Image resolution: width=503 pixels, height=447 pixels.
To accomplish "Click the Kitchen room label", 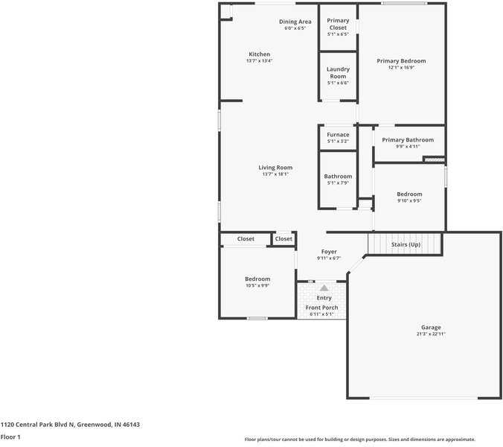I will click(x=259, y=54).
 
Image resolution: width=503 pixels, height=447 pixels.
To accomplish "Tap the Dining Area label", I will click(x=295, y=22).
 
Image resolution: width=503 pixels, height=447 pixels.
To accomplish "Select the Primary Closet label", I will click(x=338, y=24).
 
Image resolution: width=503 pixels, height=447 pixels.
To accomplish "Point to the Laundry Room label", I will click(x=338, y=72).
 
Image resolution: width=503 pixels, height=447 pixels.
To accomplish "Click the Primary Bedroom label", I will click(x=401, y=61).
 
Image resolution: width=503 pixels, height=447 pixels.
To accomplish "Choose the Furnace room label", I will click(x=338, y=135).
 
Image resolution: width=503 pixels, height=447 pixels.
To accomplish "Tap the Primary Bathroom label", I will click(x=408, y=140).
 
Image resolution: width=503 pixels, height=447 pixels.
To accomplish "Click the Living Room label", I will click(x=275, y=168).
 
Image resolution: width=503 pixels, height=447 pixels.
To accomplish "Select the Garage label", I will click(x=431, y=328).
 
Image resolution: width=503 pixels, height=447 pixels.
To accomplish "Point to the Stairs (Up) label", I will click(x=406, y=244).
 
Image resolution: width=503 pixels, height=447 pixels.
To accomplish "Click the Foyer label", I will click(x=329, y=252).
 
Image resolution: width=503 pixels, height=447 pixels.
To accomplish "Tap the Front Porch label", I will click(x=321, y=308).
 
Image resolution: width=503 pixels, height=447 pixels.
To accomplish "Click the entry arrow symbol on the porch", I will click(x=324, y=288).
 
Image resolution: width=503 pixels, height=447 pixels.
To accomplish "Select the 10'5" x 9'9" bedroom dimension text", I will click(x=257, y=285).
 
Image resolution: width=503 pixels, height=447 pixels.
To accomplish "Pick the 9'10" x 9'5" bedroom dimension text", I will click(x=409, y=200).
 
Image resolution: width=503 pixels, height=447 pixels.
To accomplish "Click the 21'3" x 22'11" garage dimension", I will click(x=431, y=335).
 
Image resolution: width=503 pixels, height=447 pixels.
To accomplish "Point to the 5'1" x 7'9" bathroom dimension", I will click(x=338, y=183).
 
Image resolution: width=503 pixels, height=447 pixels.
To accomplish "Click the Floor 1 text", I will click(x=10, y=437).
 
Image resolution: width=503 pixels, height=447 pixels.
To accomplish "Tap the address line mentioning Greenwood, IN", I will click(x=70, y=425).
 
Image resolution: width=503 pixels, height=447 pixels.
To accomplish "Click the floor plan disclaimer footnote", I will click(x=360, y=440).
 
